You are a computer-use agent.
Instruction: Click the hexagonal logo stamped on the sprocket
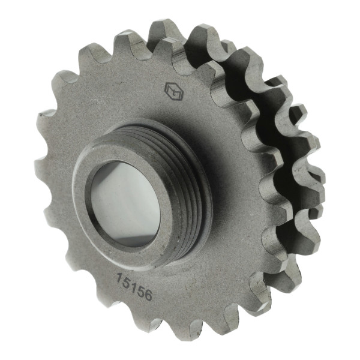[x=174, y=92]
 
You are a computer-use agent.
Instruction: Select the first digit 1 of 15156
[x=119, y=278]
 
